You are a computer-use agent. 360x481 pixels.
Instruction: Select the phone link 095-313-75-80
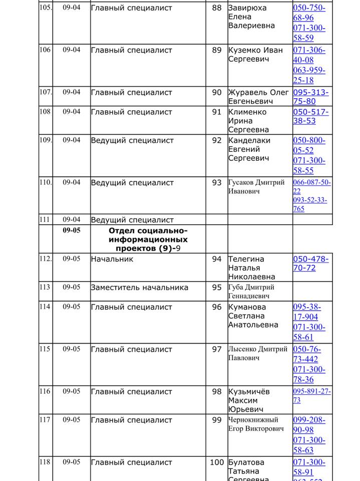point(311,97)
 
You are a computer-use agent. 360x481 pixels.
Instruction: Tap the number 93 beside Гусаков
point(216,183)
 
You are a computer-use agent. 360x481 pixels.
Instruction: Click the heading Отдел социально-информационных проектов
point(148,239)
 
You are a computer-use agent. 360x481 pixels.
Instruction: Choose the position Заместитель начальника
point(139,288)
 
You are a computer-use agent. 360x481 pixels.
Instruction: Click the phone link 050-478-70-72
point(311,264)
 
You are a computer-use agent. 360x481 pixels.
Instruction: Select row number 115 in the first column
point(45,349)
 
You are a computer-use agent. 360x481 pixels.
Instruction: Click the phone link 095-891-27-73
point(311,396)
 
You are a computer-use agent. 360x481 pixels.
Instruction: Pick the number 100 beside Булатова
point(216,462)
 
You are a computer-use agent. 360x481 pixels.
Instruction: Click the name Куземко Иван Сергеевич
point(255,55)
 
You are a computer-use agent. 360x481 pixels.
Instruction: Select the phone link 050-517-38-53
point(311,116)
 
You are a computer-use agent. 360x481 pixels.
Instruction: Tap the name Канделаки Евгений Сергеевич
point(249,149)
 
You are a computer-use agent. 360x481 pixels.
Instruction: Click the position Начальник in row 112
point(112,260)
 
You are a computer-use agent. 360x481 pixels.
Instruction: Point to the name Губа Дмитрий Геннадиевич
point(251,291)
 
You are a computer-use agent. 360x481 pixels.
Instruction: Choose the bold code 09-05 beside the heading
point(71,231)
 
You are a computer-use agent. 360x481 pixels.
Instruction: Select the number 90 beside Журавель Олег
point(216,93)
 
